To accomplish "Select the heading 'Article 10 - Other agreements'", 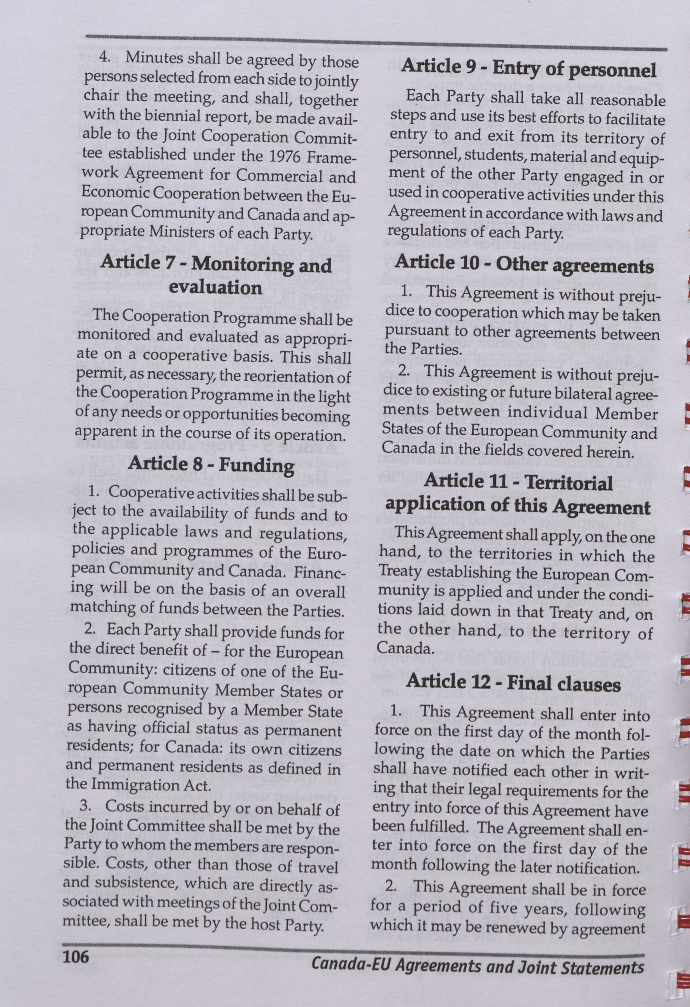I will click(x=524, y=264).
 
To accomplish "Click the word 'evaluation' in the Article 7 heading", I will click(x=215, y=288).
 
